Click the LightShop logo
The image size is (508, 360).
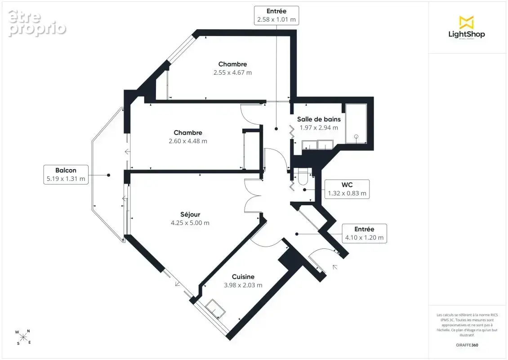coord(467,27)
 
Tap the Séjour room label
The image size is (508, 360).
coord(190,214)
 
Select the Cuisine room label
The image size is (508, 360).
coord(243,277)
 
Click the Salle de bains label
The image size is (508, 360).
coord(319,119)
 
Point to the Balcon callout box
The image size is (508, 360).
coord(66,175)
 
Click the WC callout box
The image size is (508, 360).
coord(347,189)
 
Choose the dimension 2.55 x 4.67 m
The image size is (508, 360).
coord(232,72)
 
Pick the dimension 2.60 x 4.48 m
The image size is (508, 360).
coord(188,141)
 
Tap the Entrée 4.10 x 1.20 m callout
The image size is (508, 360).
coord(365,233)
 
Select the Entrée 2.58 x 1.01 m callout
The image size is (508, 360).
coord(276,15)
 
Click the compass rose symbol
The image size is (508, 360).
coord(23,337)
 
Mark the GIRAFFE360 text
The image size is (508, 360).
coord(467,345)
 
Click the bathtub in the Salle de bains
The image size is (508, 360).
coord(356,124)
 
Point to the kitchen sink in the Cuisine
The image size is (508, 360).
coord(216,308)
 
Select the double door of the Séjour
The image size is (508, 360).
coord(253,196)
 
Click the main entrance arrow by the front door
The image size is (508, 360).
coord(335,267)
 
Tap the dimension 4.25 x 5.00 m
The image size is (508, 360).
coord(190,223)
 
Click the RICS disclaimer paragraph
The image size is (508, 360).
coord(467,325)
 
